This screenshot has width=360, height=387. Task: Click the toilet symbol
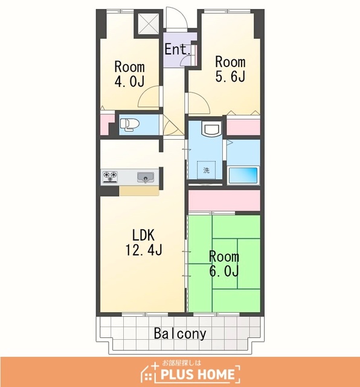129,123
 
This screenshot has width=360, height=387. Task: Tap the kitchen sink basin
146,177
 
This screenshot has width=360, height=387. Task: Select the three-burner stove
110,177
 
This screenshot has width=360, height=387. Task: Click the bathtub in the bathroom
243,175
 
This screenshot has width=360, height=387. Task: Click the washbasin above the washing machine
210,129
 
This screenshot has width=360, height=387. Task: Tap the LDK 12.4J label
144,242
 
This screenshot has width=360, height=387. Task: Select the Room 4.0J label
129,74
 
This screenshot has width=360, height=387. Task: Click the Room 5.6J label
230,69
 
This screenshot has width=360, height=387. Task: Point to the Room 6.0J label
224,264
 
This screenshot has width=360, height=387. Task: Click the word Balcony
180,334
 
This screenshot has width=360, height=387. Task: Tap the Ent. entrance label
178,49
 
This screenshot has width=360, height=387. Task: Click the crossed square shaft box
148,24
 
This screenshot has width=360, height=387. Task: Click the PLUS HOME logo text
198,374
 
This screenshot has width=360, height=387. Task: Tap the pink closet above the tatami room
224,200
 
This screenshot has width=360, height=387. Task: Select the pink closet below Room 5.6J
243,127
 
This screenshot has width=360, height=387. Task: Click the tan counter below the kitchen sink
139,191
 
